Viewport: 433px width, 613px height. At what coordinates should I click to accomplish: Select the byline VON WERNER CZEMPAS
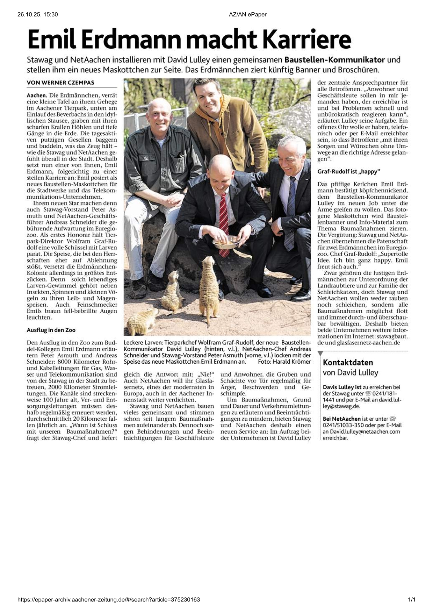tap(60, 83)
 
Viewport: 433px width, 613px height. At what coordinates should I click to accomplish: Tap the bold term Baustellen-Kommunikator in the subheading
tap(335, 60)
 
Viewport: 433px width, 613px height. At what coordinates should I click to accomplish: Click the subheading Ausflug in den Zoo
tap(51, 330)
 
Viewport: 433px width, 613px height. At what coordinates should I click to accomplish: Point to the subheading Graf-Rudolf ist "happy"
tap(348, 172)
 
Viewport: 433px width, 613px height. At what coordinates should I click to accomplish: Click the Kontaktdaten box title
tap(348, 362)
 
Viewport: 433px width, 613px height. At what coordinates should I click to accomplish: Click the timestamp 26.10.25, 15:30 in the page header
tap(37, 14)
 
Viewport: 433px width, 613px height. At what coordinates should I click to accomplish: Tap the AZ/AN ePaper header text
tap(248, 14)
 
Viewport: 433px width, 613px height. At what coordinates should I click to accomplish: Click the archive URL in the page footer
tap(109, 600)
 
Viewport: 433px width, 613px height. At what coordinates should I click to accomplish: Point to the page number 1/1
tap(412, 600)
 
